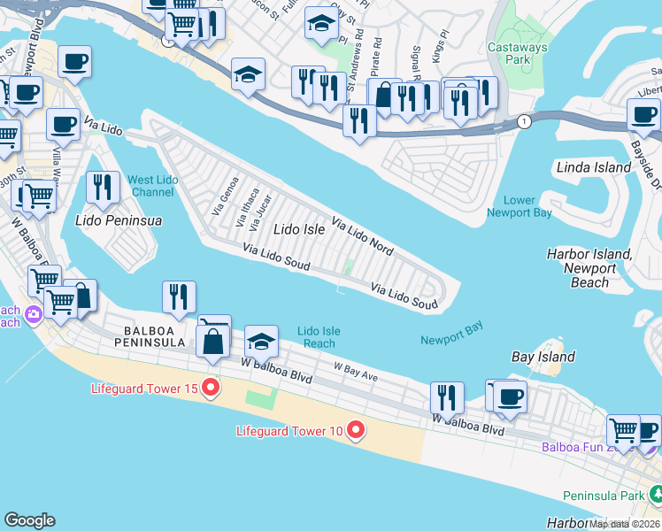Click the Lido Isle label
[x=299, y=229]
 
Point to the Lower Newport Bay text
[x=520, y=206]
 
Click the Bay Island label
[x=543, y=358]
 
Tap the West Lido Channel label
[x=154, y=186]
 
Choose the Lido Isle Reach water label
[x=319, y=337]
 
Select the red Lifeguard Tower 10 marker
[x=357, y=431]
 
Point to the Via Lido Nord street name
[x=363, y=233]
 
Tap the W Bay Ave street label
[x=356, y=372]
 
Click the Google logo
[x=29, y=520]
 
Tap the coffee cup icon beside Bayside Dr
[x=643, y=114]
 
